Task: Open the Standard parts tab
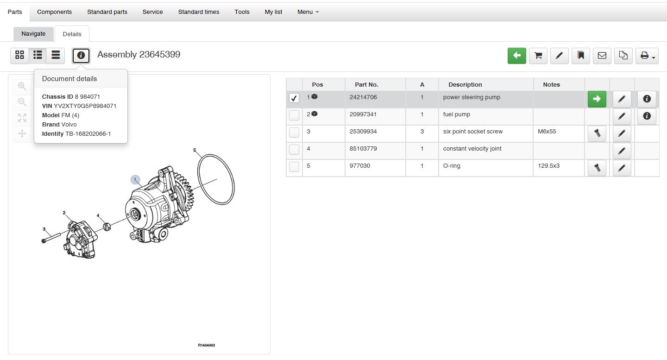[107, 12]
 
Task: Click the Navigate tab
[33, 34]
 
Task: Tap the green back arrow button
[516, 56]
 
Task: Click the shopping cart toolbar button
[538, 56]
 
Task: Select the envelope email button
[602, 56]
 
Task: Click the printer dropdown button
[647, 56]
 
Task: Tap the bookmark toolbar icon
[581, 56]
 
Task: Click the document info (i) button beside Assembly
[81, 56]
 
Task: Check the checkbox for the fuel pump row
[294, 115]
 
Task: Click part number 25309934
[363, 131]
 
